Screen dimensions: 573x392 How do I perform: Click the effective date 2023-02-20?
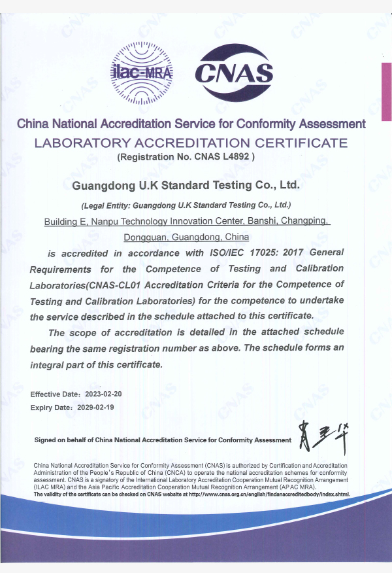click(103, 394)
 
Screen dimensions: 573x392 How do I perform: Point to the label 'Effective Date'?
click(55, 394)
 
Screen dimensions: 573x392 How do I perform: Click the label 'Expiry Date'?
click(50, 407)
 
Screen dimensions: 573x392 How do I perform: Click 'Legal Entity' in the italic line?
click(101, 205)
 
